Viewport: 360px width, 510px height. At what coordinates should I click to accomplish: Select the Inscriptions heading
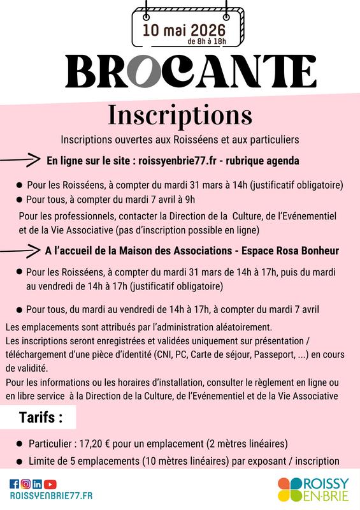click(x=180, y=115)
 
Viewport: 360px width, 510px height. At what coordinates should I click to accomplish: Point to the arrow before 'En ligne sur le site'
click(x=20, y=160)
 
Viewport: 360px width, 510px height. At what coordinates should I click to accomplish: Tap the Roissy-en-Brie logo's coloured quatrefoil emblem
click(x=292, y=488)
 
